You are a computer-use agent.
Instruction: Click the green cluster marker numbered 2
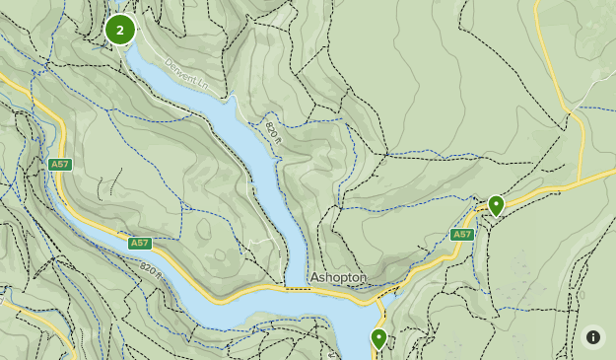click(x=120, y=30)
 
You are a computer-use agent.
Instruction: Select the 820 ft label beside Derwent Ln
click(x=273, y=130)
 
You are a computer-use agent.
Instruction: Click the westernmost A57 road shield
click(x=59, y=164)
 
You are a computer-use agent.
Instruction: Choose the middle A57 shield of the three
click(x=139, y=243)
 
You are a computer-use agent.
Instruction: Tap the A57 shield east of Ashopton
click(x=462, y=234)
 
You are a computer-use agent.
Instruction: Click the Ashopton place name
click(x=338, y=278)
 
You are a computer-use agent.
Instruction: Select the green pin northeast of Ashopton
click(x=496, y=205)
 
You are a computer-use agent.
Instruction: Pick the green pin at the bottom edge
click(x=378, y=338)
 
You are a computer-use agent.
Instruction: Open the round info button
click(x=593, y=336)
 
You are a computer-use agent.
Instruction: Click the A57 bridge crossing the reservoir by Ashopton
click(x=296, y=289)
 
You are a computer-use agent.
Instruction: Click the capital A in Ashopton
click(x=315, y=278)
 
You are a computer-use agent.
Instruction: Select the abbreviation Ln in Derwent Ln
click(x=203, y=86)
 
